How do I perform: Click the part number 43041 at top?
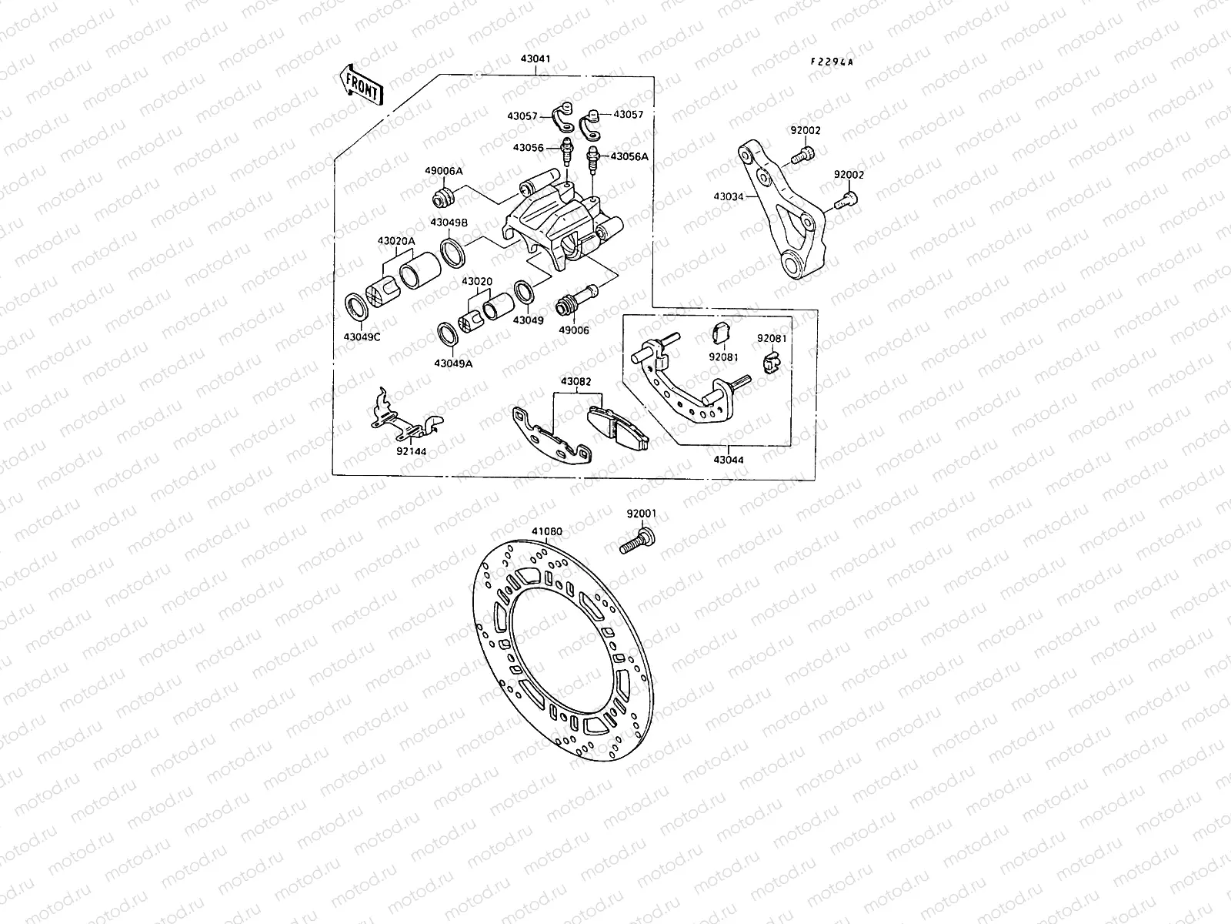pos(535,59)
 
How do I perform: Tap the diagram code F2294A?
pos(831,62)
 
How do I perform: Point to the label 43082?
pos(575,381)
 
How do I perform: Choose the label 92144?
pos(412,452)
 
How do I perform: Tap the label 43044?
pos(728,460)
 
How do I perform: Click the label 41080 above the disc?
pos(546,531)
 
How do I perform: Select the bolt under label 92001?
pos(636,541)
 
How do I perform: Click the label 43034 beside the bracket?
pos(729,196)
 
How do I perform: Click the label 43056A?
pos(629,156)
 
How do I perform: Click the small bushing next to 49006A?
pos(445,196)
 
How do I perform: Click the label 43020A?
pos(395,241)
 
